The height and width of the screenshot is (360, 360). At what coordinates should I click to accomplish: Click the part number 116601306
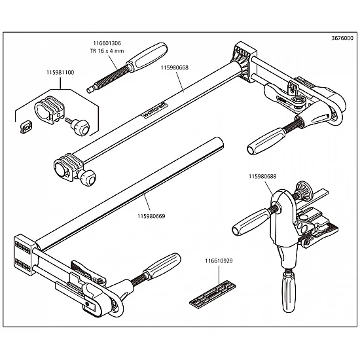(x=107, y=43)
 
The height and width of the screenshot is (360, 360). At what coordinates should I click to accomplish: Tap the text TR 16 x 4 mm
(x=107, y=51)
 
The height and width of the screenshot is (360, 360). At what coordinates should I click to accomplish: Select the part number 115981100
(x=60, y=73)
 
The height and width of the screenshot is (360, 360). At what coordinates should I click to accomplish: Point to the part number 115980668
(x=175, y=68)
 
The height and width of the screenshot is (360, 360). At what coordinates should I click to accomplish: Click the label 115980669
(x=151, y=216)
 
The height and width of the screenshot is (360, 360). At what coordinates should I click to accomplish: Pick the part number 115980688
(x=262, y=176)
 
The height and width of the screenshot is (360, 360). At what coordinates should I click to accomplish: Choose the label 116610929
(x=219, y=261)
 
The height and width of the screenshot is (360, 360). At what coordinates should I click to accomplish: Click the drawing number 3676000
(x=342, y=38)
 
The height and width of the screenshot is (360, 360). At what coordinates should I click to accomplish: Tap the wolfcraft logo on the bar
(x=155, y=111)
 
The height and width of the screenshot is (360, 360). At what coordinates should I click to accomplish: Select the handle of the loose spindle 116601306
(x=147, y=57)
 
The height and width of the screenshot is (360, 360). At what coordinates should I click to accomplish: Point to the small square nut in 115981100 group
(x=26, y=126)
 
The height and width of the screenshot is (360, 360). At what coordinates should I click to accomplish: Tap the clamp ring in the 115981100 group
(x=50, y=109)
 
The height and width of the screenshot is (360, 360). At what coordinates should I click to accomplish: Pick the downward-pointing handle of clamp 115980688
(x=289, y=291)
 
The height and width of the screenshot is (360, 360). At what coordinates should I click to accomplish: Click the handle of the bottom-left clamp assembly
(x=162, y=266)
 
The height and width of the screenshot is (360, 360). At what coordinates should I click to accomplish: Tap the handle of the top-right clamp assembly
(x=266, y=141)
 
